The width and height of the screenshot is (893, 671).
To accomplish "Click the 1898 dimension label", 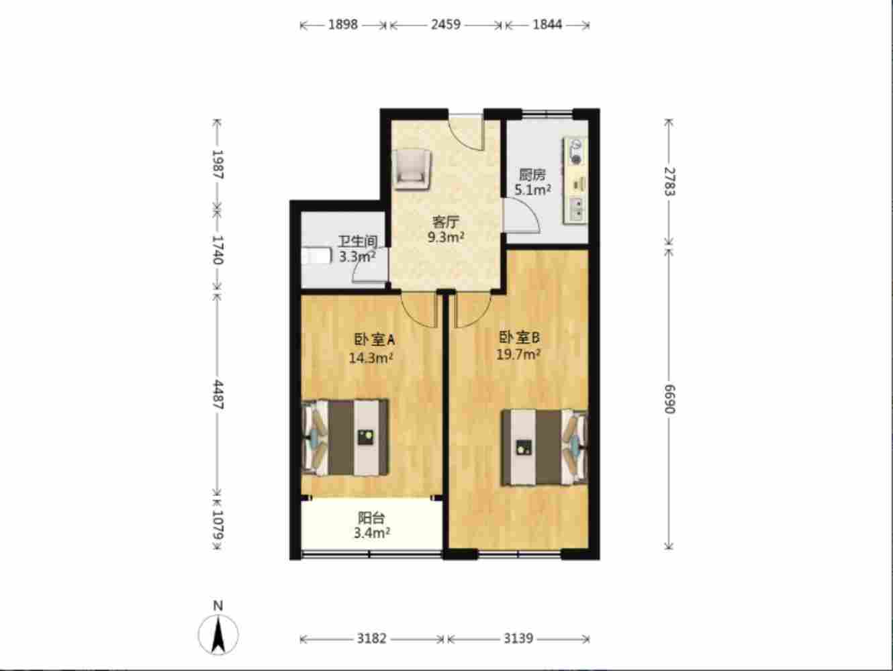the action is point(343,25).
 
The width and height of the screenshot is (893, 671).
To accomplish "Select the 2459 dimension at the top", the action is point(446,25).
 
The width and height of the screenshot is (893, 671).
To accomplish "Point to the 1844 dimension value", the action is point(548,25).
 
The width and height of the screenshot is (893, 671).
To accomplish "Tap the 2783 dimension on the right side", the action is point(669,181).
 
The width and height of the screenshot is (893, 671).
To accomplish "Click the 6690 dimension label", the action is point(669,399).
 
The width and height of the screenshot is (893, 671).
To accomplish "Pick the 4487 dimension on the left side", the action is point(218,395).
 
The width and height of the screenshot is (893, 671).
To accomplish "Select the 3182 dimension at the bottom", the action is point(371,639).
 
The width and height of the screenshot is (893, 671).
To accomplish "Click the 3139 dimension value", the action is point(518,639).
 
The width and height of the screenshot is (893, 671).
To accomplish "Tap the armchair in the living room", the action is point(411,169).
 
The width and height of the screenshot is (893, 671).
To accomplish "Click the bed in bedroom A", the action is point(345,437).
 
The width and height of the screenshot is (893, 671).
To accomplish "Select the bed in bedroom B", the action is point(545,448).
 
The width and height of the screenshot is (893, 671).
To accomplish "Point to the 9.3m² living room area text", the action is point(446,237).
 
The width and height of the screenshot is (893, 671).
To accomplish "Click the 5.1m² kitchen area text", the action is point(533,190).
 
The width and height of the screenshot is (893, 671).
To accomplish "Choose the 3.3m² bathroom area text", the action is point(357,257).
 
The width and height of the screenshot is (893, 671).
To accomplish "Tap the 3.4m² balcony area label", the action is point(372,533).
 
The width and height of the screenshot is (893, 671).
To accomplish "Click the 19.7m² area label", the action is point(518,355).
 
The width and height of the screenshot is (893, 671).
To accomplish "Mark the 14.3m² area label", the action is point(371,358).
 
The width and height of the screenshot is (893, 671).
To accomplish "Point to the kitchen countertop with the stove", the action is point(575,181).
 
